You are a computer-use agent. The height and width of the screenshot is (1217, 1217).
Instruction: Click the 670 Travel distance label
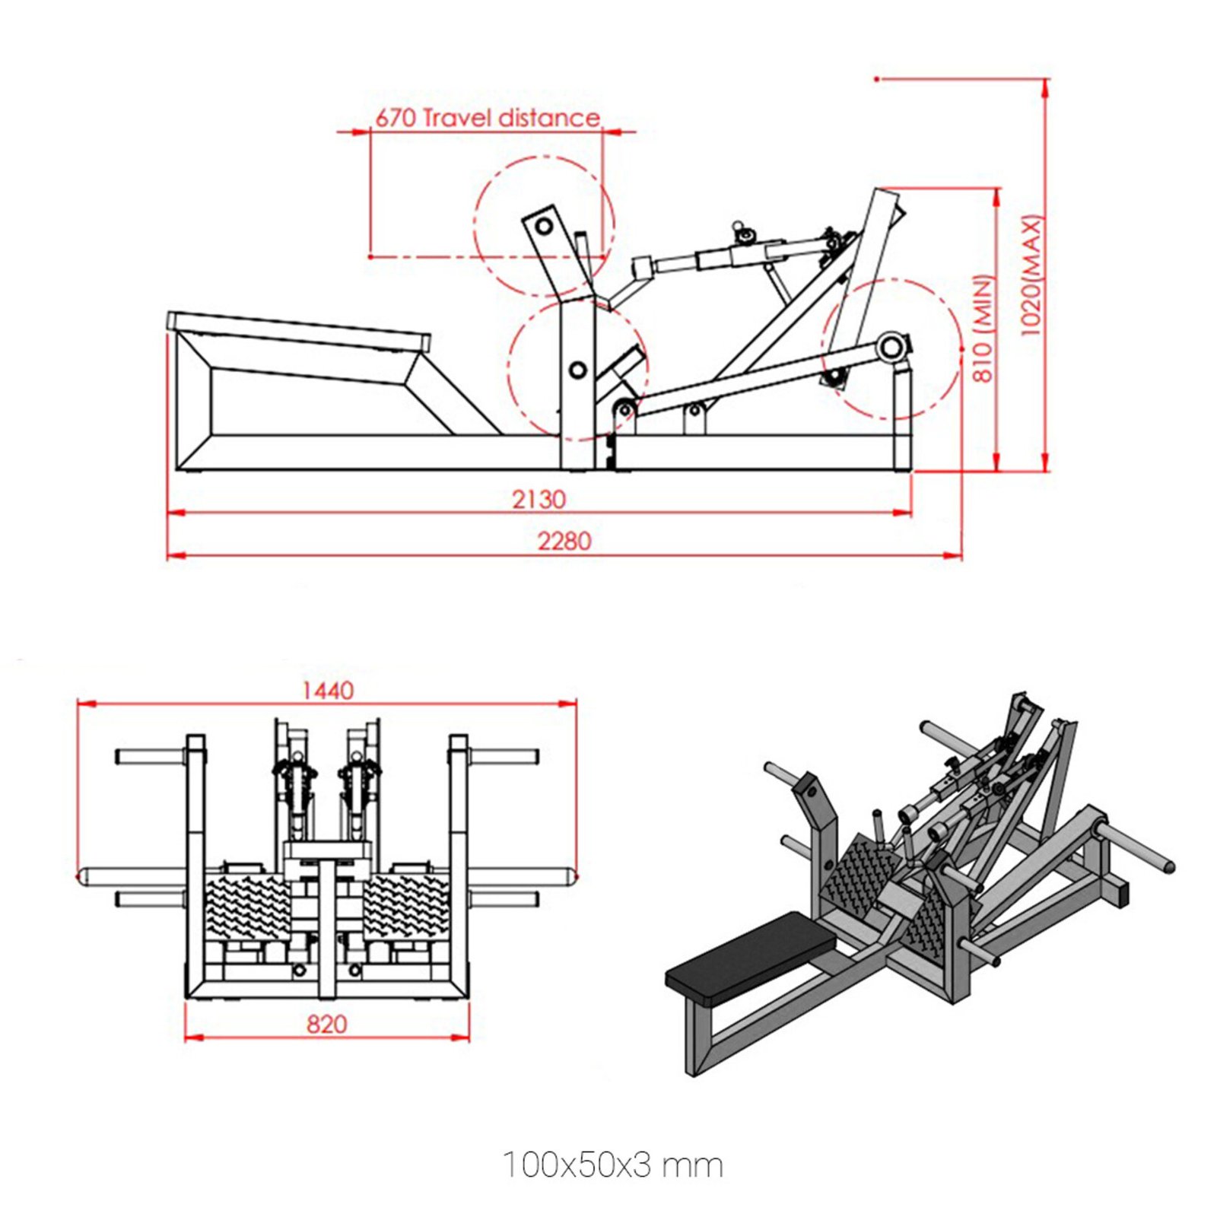pyautogui.click(x=488, y=118)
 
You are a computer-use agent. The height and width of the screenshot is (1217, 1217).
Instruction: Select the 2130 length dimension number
pyautogui.click(x=539, y=500)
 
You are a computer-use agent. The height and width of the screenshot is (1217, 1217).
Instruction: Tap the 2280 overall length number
pyautogui.click(x=564, y=542)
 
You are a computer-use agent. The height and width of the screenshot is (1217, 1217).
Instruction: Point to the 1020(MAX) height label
pyautogui.click(x=1030, y=275)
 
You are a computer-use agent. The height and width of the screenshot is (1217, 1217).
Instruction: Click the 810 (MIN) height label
pyautogui.click(x=983, y=329)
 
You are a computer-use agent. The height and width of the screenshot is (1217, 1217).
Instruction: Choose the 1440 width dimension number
pyautogui.click(x=328, y=691)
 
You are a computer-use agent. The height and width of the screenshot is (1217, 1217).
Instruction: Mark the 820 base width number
pyautogui.click(x=327, y=1024)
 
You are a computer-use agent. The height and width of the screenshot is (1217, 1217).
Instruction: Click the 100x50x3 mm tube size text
pyautogui.click(x=612, y=1165)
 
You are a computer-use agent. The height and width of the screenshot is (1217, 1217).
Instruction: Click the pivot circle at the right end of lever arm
pyautogui.click(x=891, y=348)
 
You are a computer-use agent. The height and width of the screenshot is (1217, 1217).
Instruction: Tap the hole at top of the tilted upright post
pyautogui.click(x=544, y=226)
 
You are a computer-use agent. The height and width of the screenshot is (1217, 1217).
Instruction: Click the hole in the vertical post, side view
pyautogui.click(x=578, y=370)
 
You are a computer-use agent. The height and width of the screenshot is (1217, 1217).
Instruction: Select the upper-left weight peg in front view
pyautogui.click(x=150, y=757)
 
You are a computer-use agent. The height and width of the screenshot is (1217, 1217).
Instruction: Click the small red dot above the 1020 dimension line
pyautogui.click(x=877, y=79)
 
